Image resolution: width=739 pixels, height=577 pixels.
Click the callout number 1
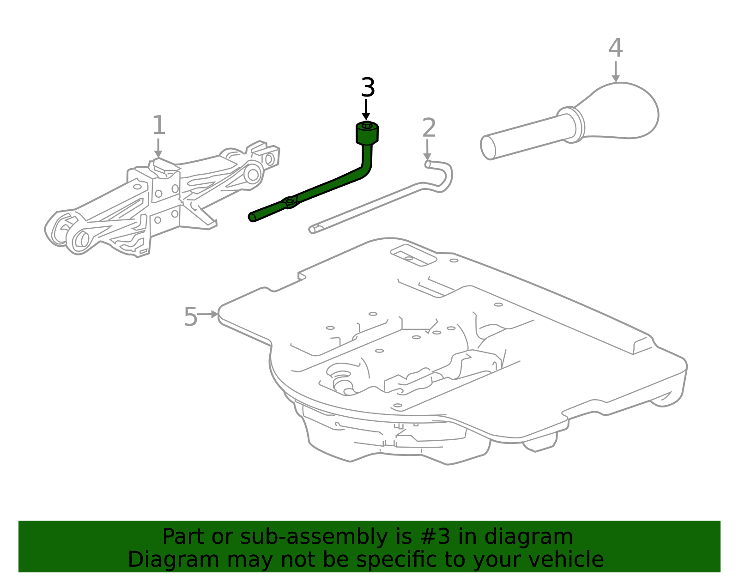pyautogui.click(x=159, y=125)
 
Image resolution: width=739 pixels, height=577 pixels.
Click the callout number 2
pyautogui.click(x=429, y=128)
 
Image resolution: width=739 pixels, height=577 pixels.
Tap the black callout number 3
pyautogui.click(x=368, y=87)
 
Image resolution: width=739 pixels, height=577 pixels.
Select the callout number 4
pyautogui.click(x=615, y=48)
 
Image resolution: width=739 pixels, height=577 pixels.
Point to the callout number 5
pyautogui.click(x=190, y=316)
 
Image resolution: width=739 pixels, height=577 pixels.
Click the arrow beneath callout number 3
pyautogui.click(x=366, y=109)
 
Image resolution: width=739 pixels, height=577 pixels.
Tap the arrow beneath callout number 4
pyautogui.click(x=616, y=72)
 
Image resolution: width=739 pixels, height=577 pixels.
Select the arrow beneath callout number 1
pyautogui.click(x=158, y=148)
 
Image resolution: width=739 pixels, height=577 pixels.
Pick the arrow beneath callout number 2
pyautogui.click(x=427, y=150)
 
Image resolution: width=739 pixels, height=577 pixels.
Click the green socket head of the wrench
pyautogui.click(x=367, y=133)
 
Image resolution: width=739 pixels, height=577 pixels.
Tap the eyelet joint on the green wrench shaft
pyautogui.click(x=290, y=202)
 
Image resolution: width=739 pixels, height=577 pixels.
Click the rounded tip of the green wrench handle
pyautogui.click(x=252, y=217)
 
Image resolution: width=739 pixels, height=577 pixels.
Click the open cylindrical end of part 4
pyautogui.click(x=488, y=147)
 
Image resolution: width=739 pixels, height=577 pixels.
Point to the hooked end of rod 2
pyautogui.click(x=442, y=175)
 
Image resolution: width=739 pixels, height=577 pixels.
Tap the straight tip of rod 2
pyautogui.click(x=312, y=230)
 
